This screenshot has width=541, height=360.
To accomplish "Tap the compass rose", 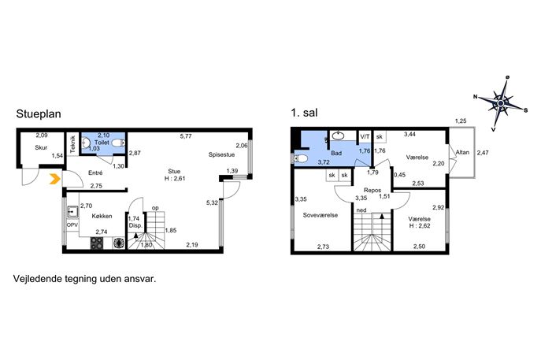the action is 501,102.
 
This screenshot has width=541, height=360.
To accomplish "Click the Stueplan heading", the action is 39,114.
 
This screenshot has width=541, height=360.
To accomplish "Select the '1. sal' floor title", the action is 304,113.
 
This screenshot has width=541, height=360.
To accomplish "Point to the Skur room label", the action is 41,148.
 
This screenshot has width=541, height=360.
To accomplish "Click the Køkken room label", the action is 102,216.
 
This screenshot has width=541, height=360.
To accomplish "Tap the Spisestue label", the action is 221,154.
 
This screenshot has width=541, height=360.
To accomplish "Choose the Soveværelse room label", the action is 321,215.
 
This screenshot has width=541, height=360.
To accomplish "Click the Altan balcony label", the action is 462,152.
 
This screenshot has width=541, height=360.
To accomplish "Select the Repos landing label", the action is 372,190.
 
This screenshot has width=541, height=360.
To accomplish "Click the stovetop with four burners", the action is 97,243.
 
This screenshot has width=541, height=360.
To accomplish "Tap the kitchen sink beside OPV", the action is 72,211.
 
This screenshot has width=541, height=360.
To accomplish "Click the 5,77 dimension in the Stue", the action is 186,136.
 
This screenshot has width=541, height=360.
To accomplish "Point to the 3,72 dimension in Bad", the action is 324,162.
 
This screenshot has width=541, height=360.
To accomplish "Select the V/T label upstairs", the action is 365,137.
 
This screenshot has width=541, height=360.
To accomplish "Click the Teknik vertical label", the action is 72,144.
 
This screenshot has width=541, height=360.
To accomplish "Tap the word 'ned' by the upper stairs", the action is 361,210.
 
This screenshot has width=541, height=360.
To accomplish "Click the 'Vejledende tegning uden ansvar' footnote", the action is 84,279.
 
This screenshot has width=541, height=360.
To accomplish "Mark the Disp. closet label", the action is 135,225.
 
